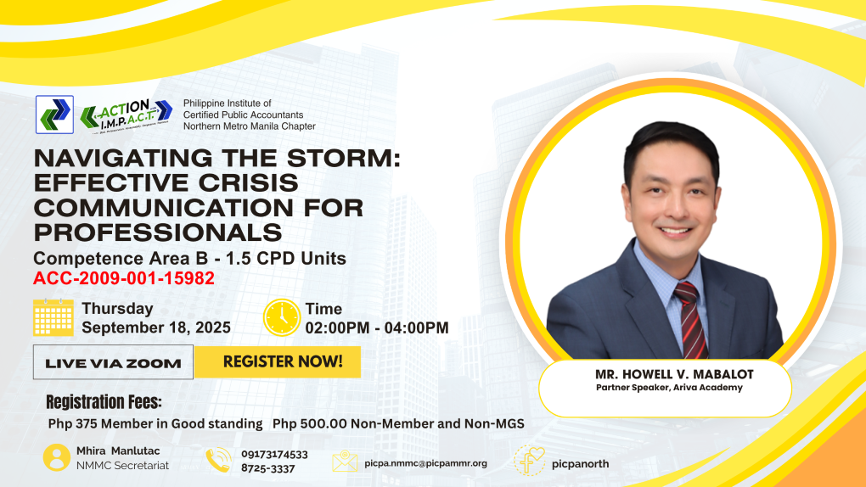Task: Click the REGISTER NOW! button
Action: [x=278, y=362]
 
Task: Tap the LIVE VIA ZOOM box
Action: [x=113, y=362]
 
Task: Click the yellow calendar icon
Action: [x=53, y=317]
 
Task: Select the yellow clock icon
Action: [x=282, y=317]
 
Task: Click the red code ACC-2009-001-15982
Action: [x=124, y=278]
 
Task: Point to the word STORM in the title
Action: [x=343, y=158]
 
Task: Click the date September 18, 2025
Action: [x=156, y=327]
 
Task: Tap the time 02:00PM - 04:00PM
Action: [x=377, y=327]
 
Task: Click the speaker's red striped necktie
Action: [x=691, y=319]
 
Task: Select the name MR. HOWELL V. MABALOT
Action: [x=674, y=374]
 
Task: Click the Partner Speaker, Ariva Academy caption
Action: [x=669, y=388]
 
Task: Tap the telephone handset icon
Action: [x=219, y=460]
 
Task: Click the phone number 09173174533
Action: [x=274, y=455]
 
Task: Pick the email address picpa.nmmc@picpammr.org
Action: [x=426, y=463]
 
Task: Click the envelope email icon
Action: [x=345, y=461]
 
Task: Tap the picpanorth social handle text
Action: [x=581, y=464]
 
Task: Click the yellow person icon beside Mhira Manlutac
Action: [x=56, y=458]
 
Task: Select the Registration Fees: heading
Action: [x=104, y=402]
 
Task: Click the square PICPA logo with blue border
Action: [x=54, y=115]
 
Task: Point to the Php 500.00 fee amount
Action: [x=310, y=423]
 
